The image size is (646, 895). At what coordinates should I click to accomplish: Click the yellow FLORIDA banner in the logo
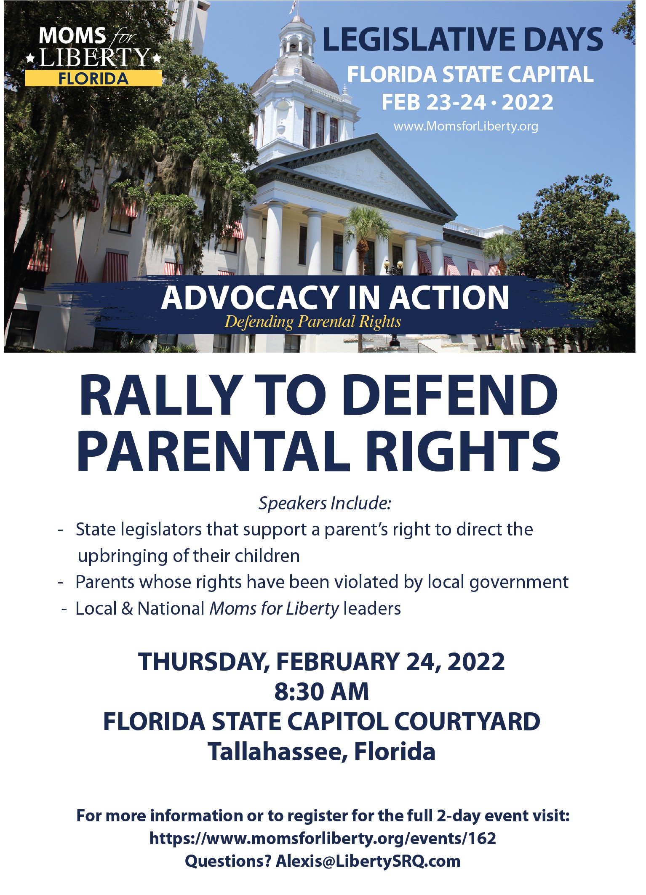pos(93,78)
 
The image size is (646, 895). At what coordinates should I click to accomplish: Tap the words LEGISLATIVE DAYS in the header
pos(463,39)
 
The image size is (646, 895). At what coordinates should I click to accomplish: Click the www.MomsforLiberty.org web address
pos(466,126)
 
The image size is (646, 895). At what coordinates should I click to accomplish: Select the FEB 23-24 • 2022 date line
pos(467,102)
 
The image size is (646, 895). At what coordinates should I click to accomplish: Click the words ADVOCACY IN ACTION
pos(335,298)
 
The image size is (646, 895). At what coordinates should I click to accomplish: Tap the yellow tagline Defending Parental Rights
pos(312,322)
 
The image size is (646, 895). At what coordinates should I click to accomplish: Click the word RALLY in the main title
pos(159,396)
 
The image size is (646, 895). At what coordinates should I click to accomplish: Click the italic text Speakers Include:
pos(325,503)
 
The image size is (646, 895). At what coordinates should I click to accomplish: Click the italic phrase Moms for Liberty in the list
pos(274,608)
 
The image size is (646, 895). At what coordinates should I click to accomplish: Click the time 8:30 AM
pos(322,691)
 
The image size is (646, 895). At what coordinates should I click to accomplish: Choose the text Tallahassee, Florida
pos(322,751)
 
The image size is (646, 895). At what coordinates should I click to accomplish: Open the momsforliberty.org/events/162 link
pos(323,839)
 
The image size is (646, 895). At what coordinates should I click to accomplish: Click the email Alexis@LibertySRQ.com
pos(368,861)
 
